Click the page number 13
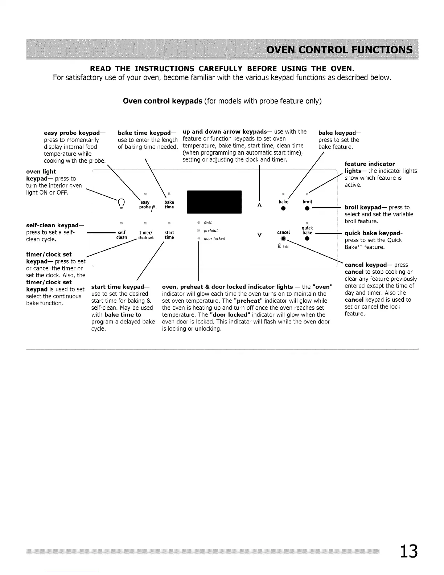tap(409, 551)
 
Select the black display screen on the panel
tap(214, 202)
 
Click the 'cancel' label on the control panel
tap(283, 232)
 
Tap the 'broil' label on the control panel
tap(307, 202)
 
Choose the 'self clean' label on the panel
tap(122, 235)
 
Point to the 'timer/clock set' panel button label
tap(146, 235)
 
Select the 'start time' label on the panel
tap(169, 235)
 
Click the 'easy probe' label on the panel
tap(145, 205)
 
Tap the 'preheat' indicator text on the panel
tap(211, 231)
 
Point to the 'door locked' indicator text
tap(214, 238)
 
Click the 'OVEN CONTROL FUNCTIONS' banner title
tap(339, 49)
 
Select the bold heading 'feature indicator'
tap(370, 164)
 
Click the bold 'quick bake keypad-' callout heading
tap(373, 233)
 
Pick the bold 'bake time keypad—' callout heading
tap(144, 133)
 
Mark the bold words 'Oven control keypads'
tap(163, 101)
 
